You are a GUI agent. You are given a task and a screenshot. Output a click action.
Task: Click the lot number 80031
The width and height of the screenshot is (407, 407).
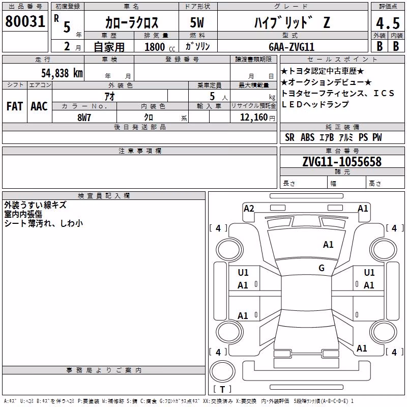(x=25, y=21)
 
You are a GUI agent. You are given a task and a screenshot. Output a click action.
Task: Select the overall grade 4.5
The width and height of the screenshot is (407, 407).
(x=388, y=23)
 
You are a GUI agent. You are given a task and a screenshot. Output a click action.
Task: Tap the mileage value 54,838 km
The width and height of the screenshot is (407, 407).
(x=62, y=73)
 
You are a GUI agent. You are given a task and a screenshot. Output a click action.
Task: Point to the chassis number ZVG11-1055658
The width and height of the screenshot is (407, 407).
(x=342, y=162)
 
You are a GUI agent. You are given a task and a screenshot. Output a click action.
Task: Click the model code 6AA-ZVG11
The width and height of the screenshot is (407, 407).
(x=292, y=47)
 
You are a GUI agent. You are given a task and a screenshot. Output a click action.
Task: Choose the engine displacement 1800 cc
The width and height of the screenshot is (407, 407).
(x=160, y=47)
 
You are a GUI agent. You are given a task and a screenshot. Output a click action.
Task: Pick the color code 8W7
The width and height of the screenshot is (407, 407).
(x=84, y=118)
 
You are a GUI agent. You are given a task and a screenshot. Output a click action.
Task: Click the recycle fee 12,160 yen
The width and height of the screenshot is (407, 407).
(x=257, y=118)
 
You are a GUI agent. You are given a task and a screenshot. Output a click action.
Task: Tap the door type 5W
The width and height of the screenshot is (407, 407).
(x=197, y=22)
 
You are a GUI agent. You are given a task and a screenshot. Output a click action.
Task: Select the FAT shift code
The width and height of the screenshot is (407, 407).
(x=15, y=106)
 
